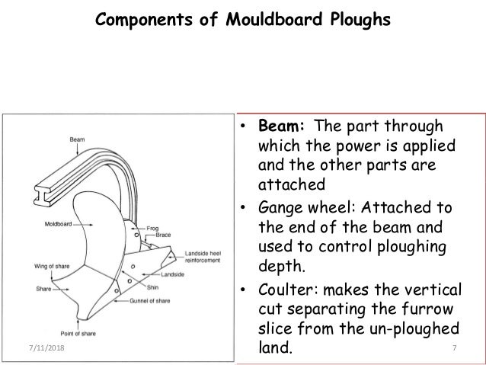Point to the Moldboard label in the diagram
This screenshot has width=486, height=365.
coord(50,225)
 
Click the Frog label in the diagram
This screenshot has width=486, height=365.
coord(163,226)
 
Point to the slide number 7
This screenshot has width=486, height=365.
coord(454,350)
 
